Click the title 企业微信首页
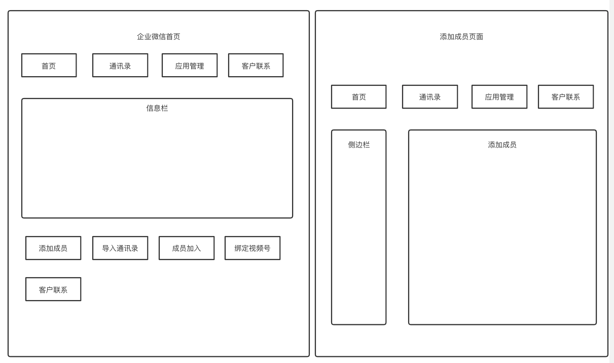[158, 37]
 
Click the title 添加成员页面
[461, 37]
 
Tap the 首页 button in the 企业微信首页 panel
[49, 65]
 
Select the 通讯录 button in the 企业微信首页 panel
[120, 65]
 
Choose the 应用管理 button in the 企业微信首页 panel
[190, 65]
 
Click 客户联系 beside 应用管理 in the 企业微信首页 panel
[256, 65]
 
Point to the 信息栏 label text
[157, 108]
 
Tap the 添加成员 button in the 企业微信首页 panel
[53, 248]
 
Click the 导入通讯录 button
[120, 248]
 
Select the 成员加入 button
[187, 248]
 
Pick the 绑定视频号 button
[252, 248]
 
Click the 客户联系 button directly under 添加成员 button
[53, 289]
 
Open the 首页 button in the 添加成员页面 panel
[358, 97]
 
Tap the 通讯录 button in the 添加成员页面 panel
[430, 97]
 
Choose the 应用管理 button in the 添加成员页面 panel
[499, 97]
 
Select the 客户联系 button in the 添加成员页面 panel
[566, 97]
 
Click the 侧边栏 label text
[358, 145]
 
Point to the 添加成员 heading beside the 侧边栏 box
[502, 145]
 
